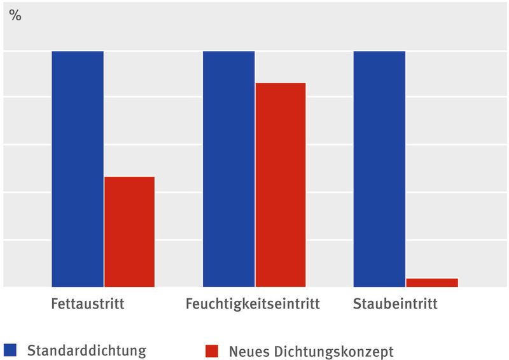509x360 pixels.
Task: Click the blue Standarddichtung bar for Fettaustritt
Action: click(77, 169)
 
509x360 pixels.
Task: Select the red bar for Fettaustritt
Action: click(129, 232)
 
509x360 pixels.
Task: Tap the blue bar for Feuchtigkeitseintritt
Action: click(228, 169)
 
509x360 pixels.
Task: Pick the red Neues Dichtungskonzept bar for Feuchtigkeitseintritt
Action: click(281, 184)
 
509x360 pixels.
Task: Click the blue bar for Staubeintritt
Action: click(379, 169)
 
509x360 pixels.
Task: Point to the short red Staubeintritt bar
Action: click(432, 282)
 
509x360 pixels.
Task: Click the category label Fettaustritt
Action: click(88, 304)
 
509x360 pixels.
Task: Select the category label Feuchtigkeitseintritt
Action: click(253, 304)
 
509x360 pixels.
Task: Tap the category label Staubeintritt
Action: click(395, 304)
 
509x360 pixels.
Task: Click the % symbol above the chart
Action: click(15, 16)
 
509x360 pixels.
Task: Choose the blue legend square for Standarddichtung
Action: click(10, 350)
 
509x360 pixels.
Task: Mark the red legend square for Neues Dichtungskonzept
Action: click(212, 350)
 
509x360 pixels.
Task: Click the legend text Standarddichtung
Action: click(87, 350)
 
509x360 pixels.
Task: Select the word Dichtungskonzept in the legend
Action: click(332, 352)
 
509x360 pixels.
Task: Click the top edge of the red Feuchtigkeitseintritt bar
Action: click(281, 83)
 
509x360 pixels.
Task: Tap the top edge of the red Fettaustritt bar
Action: click(129, 177)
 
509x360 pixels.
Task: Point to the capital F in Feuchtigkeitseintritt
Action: click(190, 304)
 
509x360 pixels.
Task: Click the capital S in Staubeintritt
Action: click(357, 304)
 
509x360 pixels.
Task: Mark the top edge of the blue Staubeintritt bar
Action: click(379, 52)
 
